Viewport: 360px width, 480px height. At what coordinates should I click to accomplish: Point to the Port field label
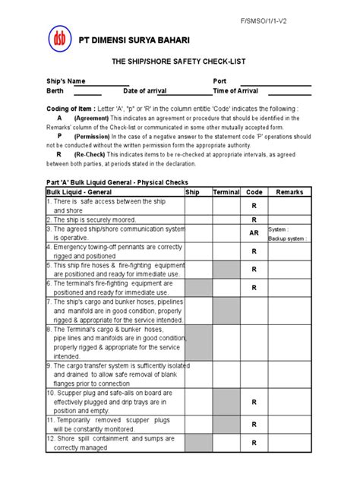tap(220, 81)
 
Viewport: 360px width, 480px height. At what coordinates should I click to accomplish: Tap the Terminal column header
tap(227, 193)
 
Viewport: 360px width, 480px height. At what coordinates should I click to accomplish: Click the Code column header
tap(254, 193)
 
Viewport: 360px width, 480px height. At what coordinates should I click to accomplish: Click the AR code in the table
tap(254, 233)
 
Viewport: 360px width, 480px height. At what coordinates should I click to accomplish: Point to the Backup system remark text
tap(288, 238)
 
